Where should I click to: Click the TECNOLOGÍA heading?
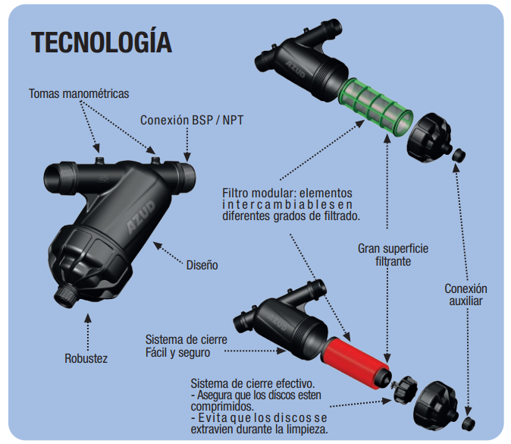pyautogui.click(x=102, y=43)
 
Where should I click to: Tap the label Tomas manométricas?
pyautogui.click(x=79, y=94)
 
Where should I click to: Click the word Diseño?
pyautogui.click(x=202, y=266)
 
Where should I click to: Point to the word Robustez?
pyautogui.click(x=86, y=358)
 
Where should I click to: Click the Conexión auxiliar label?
pyautogui.click(x=466, y=294)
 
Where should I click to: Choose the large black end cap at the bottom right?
pyautogui.click(x=433, y=400)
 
